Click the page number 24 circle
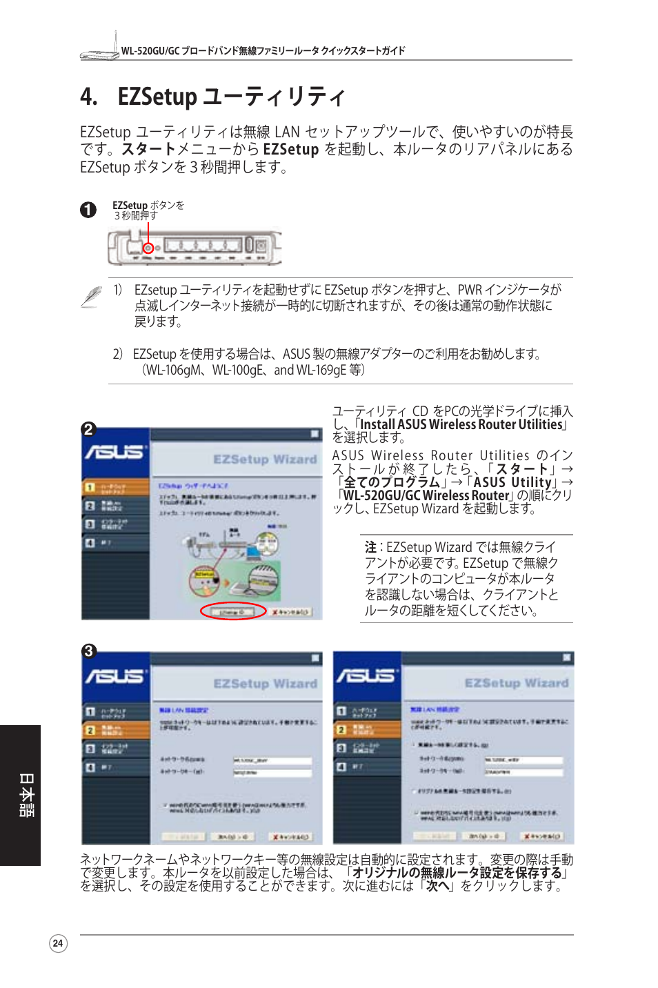tap(59, 943)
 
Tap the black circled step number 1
tap(88, 210)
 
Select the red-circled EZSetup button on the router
tap(148, 247)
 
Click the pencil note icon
tap(91, 296)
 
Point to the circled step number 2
tap(88, 429)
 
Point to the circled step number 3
tap(88, 651)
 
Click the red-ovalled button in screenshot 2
tap(233, 611)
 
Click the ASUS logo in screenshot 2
tap(114, 452)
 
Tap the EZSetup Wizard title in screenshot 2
tap(265, 460)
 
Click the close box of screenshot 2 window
tap(315, 434)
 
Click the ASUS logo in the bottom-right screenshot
tap(366, 675)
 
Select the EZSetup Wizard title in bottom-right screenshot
tap(517, 683)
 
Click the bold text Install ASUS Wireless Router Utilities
tap(461, 425)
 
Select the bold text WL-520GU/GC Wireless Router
tap(426, 495)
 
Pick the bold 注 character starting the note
tap(370, 547)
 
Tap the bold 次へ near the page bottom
tap(437, 886)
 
